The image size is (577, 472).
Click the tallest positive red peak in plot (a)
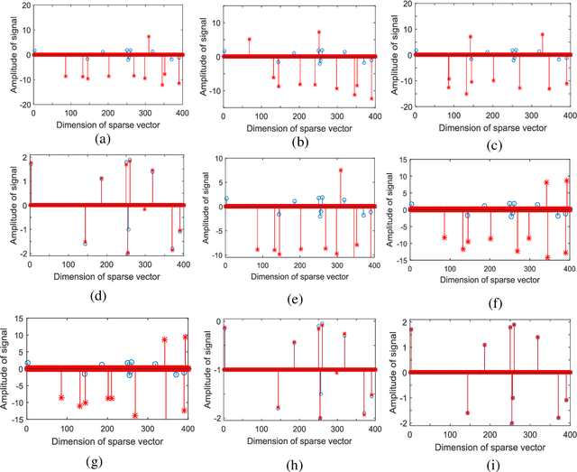[x=148, y=12]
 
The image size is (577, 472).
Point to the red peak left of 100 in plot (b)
[x=250, y=40]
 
